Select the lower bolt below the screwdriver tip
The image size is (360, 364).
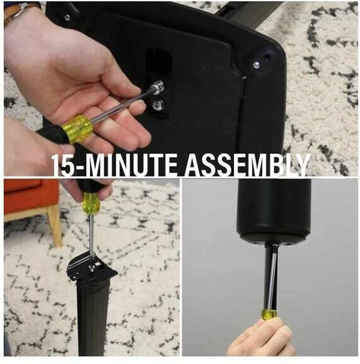point(158,105)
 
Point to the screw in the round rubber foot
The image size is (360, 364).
point(256,65)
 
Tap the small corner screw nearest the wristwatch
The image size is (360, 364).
point(67,18)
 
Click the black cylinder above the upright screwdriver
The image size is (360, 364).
point(274,210)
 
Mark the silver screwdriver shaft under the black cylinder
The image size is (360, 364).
point(271,281)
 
